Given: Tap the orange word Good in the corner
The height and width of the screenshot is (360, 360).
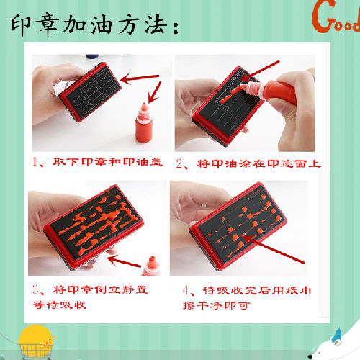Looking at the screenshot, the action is point(336,17).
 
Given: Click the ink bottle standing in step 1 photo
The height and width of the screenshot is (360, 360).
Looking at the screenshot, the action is point(144,122).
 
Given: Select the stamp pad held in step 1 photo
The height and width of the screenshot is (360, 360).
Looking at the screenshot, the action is point(91,91).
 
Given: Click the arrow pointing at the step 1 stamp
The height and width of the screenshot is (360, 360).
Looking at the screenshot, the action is point(140,78).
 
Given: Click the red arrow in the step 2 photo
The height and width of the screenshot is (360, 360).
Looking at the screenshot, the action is point(261,71).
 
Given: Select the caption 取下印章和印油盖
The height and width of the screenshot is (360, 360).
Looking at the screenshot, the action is point(107,162).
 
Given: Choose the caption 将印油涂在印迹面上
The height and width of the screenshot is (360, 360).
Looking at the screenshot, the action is point(258,164).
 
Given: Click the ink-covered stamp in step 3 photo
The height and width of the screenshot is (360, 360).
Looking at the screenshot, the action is point(94,227).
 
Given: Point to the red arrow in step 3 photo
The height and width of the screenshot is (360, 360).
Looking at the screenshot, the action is point(124,261).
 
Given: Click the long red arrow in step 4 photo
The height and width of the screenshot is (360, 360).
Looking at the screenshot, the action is point(274,250).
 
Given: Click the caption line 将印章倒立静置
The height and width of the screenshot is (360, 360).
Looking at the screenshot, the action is point(100,290).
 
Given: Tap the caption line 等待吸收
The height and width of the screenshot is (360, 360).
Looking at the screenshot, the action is point(60,305).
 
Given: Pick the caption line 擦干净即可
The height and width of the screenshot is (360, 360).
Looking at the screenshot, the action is point(217,305).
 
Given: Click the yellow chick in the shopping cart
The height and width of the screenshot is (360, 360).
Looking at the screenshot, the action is point(36,340).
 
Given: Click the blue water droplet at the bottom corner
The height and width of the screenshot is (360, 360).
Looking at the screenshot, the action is point(338,335).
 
